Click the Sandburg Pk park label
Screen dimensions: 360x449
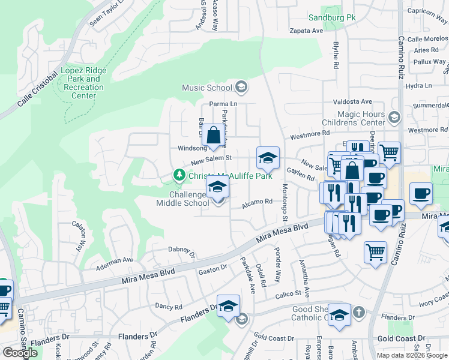(332, 17)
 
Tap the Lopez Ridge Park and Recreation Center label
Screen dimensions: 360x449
(83, 83)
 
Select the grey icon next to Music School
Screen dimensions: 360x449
(241, 88)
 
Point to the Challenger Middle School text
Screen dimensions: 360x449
(182, 199)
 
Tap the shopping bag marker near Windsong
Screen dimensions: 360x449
(214, 136)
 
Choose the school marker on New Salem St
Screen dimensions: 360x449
(268, 159)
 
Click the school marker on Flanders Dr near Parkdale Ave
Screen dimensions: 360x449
(228, 307)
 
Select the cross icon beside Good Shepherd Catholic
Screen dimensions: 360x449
(358, 312)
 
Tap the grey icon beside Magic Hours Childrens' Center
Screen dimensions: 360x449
(394, 116)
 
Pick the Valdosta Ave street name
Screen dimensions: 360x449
(353, 102)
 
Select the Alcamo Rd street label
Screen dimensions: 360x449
(257, 205)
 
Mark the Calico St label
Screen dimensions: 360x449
(288, 293)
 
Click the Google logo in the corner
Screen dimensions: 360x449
(20, 353)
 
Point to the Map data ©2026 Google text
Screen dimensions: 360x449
(411, 355)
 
